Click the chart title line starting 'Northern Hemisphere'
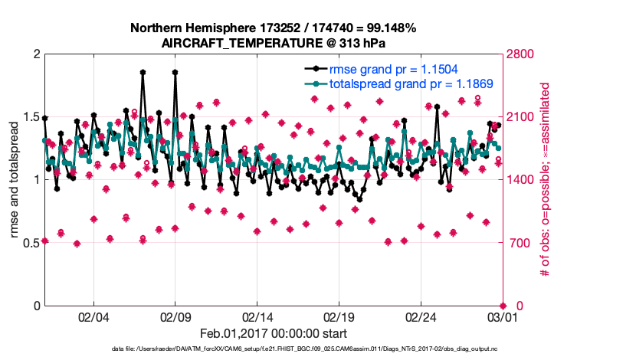click(x=273, y=28)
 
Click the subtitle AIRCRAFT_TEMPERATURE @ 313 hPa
click(x=273, y=43)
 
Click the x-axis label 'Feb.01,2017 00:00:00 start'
click(x=274, y=333)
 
